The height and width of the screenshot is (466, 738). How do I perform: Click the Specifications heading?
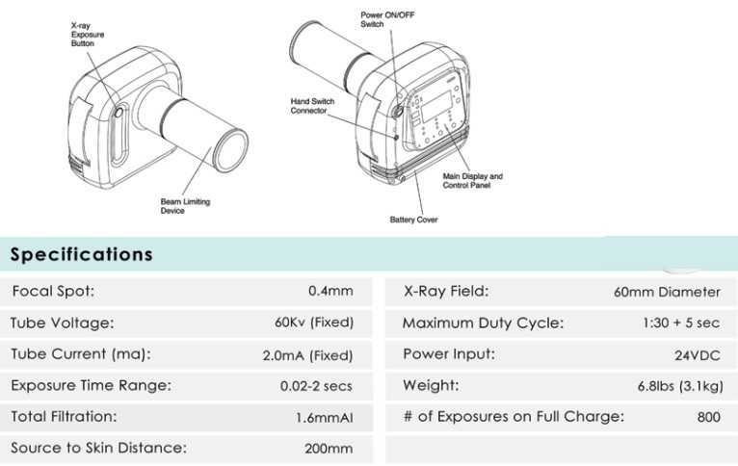click(82, 254)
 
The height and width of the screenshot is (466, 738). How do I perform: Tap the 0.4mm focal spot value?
click(330, 291)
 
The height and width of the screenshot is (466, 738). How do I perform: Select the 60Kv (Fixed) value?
click(314, 323)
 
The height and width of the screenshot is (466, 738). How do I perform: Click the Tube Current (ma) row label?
click(81, 353)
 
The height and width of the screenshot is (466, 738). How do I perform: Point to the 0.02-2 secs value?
click(316, 386)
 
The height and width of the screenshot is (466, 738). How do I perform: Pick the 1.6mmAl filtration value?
click(325, 418)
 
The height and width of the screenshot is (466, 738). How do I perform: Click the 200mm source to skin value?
click(329, 448)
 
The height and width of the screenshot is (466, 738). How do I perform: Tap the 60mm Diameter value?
click(667, 292)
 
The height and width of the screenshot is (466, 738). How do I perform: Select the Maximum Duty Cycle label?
click(483, 324)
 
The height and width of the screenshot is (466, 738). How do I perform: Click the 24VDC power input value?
click(697, 355)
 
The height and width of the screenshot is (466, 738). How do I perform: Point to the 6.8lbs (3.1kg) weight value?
click(680, 386)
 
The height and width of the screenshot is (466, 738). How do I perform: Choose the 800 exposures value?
click(709, 417)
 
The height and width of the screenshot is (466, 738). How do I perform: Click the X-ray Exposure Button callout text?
click(88, 35)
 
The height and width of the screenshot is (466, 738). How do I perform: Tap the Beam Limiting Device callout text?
click(185, 206)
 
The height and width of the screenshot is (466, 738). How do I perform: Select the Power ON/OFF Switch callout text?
click(387, 19)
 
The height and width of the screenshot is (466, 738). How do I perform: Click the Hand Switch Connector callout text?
click(312, 106)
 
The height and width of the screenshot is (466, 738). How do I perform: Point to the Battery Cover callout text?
click(413, 220)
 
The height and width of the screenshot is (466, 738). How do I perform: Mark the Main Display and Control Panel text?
click(472, 181)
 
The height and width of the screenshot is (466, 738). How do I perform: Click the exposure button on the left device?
click(119, 112)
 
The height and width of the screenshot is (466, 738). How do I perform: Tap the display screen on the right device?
click(437, 107)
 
